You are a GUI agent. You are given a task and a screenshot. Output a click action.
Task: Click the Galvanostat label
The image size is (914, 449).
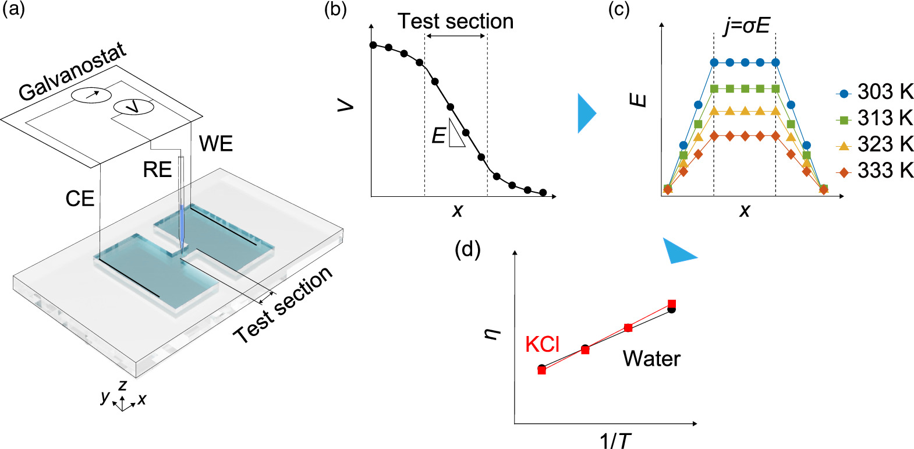[x=73, y=72]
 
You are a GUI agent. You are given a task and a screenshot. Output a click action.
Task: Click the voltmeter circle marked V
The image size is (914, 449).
[x=133, y=107]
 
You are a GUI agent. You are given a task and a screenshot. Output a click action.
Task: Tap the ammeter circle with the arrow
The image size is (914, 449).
[x=91, y=94]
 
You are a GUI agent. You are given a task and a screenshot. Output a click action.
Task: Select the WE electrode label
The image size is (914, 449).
[x=215, y=144]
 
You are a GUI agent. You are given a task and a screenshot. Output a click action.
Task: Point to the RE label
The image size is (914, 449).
[x=157, y=170]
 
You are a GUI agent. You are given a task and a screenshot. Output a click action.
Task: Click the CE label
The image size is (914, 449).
[x=80, y=199]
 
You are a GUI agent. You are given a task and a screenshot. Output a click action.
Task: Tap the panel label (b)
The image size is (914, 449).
[x=335, y=10]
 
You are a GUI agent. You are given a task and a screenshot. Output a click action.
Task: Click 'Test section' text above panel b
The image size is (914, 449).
[x=455, y=22]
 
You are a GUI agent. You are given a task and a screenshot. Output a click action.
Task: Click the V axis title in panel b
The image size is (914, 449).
[x=346, y=105]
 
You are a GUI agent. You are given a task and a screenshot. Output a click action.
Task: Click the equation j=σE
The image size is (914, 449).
[x=746, y=26]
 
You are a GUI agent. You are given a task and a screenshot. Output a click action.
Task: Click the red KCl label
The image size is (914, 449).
[x=542, y=345]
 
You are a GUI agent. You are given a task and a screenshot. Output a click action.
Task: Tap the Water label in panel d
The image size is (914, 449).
[x=651, y=359]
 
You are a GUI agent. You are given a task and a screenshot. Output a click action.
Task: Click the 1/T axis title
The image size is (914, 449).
[x=615, y=440]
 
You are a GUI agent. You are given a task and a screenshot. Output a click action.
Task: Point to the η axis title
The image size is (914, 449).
[x=493, y=334]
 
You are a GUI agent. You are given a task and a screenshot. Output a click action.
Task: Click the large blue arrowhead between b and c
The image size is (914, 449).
[x=586, y=113]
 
